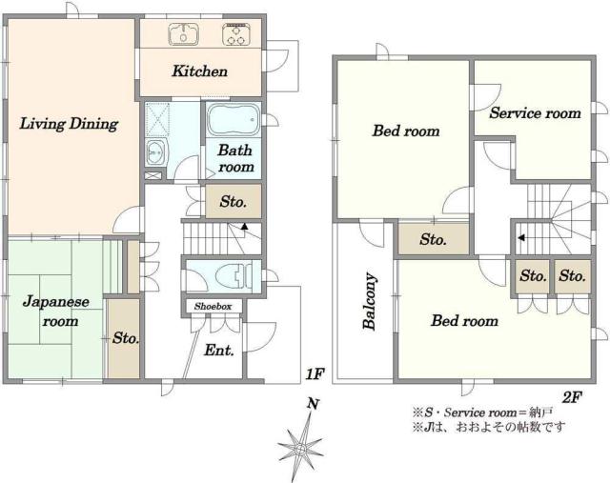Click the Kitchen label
[x=199, y=71]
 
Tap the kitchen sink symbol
[x=183, y=34]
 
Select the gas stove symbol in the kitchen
[x=235, y=34]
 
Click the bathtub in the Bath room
[x=233, y=119]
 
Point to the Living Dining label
[x=69, y=124]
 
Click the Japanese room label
[x=56, y=312]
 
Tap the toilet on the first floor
[x=233, y=275]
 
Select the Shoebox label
[x=213, y=307]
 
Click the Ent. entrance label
[x=219, y=351]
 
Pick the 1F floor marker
[x=315, y=374]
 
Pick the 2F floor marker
[x=571, y=397]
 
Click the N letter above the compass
[x=313, y=404]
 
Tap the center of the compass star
[x=300, y=448]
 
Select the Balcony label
[x=370, y=301]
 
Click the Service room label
[x=535, y=113]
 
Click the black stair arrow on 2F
[x=521, y=237]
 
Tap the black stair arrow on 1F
[x=244, y=226]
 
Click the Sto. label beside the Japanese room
[x=126, y=338]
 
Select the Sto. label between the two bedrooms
[x=433, y=239]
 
